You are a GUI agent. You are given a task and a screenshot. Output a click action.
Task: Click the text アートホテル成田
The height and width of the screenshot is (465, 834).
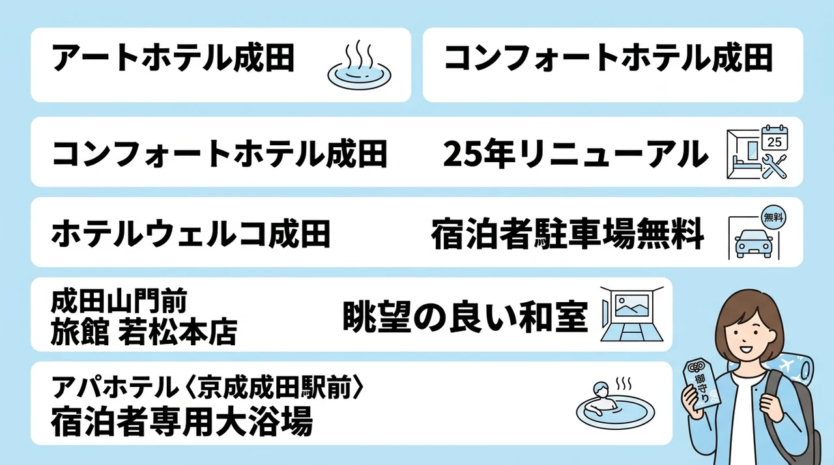point(173,58)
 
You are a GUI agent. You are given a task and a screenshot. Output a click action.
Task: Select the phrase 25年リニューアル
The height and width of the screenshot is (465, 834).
point(575,154)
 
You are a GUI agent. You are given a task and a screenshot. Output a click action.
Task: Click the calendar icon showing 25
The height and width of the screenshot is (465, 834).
point(775,138)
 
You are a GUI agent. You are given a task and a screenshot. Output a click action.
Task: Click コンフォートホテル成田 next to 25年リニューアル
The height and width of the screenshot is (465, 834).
point(220,154)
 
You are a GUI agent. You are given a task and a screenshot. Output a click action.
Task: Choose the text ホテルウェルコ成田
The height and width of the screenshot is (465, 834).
point(191,234)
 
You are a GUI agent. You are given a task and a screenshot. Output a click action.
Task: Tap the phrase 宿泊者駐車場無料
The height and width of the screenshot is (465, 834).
point(568,234)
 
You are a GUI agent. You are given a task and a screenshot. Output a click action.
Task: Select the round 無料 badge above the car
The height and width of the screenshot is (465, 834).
point(774,217)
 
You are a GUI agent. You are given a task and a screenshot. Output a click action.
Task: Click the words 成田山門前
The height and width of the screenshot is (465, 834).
point(119,301)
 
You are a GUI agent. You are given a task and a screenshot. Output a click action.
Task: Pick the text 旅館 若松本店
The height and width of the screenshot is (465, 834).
point(144,332)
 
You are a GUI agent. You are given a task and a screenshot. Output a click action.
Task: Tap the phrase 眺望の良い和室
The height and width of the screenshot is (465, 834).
point(465,317)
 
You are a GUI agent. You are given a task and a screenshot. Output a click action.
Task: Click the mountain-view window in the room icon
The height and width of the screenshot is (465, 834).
point(632,305)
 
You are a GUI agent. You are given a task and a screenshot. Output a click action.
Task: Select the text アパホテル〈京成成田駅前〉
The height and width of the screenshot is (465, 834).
point(208,387)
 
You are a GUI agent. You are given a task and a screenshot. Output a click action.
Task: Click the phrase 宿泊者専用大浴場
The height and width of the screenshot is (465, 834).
point(182,422)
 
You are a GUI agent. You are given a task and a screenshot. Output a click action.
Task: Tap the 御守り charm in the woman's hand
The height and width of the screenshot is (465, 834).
point(701,384)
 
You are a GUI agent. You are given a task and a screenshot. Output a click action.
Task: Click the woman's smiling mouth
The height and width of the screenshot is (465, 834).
point(746,349)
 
